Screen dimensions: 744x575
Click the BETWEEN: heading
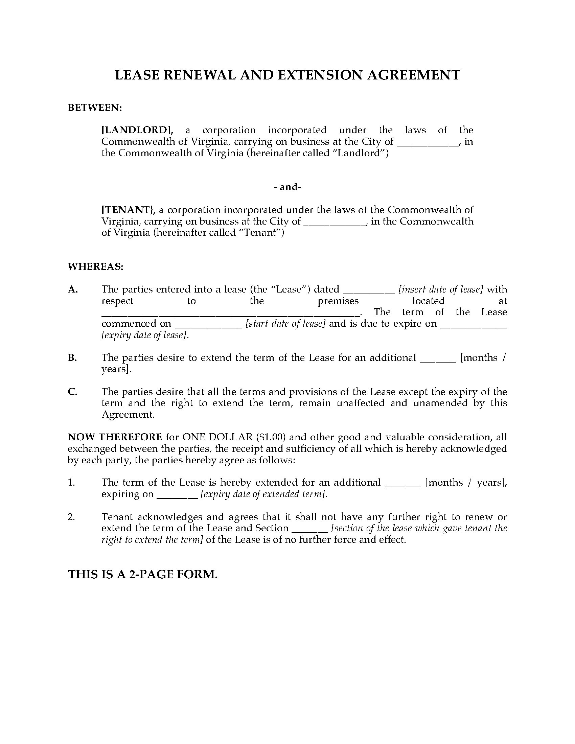point(95,108)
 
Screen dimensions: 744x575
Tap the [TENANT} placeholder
point(129,210)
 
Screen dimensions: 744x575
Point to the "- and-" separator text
point(287,187)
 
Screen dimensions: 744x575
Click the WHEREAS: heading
point(96,267)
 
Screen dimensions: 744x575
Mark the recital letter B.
point(72,358)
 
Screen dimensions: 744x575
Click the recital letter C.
point(73,392)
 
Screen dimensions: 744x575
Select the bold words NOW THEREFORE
point(115,437)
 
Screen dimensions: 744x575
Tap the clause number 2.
point(71,517)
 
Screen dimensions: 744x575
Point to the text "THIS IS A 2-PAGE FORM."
point(143,574)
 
